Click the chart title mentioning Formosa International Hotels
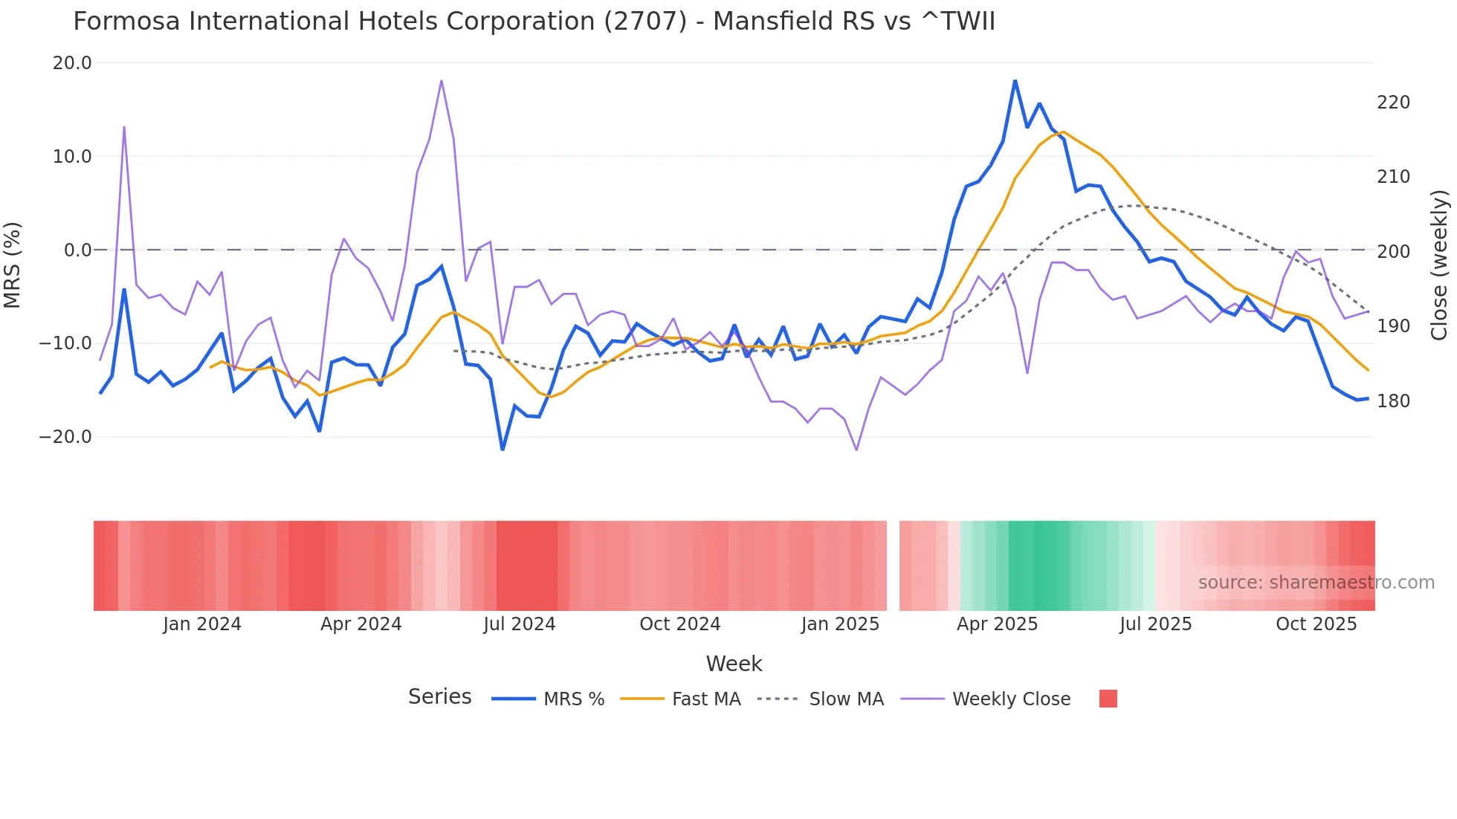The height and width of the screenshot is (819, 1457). (534, 22)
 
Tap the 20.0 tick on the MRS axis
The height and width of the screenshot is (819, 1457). (72, 63)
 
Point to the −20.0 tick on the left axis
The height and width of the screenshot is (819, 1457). (65, 437)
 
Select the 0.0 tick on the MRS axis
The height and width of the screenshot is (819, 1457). (78, 250)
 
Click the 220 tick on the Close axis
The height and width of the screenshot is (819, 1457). (1393, 103)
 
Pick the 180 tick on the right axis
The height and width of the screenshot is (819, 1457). (1393, 401)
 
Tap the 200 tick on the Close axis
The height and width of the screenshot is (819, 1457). (1393, 252)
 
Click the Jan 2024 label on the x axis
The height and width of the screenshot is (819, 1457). (202, 624)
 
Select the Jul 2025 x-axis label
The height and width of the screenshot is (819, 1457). (1155, 624)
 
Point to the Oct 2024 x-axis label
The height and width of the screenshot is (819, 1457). (679, 624)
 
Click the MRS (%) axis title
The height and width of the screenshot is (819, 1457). (13, 265)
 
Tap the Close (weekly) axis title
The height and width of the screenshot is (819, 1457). (1439, 265)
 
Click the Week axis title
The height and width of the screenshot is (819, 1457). (734, 664)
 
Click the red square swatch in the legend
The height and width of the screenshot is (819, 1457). (1108, 699)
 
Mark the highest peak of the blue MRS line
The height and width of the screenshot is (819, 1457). (1015, 80)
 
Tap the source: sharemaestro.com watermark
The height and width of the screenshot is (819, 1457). (1316, 583)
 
